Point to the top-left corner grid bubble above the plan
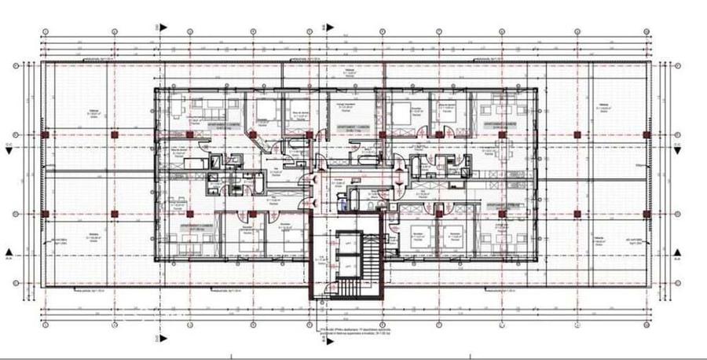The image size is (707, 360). point(45,31)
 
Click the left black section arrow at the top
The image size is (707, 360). point(163,25)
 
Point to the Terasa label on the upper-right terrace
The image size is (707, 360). point(603,107)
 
